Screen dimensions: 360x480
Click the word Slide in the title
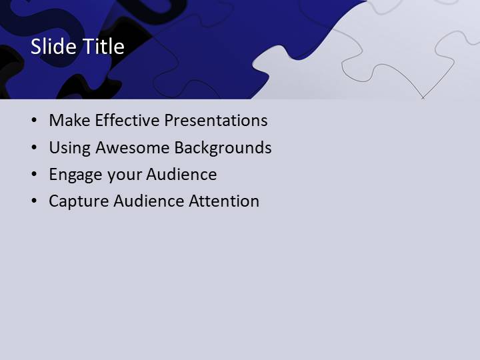coord(53,47)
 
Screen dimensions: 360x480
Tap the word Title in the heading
coord(103,47)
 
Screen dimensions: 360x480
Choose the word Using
coord(70,148)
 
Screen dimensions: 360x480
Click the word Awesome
coord(133,147)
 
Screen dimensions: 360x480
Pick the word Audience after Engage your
coord(181,175)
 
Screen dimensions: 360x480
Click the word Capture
coord(77,201)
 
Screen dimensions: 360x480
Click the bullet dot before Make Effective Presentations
coord(34,121)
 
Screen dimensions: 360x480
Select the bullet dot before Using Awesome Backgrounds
coord(34,148)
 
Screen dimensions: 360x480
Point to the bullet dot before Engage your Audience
coord(34,175)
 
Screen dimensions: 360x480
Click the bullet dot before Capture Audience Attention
coord(34,201)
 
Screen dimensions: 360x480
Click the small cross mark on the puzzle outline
coord(423,97)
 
